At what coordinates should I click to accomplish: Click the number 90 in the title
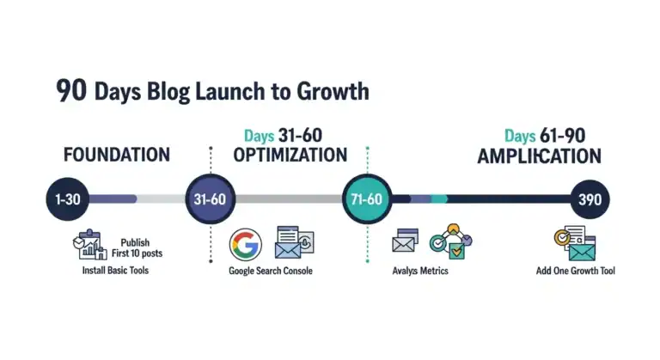point(70,91)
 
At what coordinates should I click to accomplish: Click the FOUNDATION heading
point(117,156)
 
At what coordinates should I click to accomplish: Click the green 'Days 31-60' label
point(284,136)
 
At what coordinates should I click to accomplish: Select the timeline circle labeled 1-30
point(67,199)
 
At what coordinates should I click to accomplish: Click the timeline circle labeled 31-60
point(211,199)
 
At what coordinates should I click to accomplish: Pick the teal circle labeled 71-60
point(368,199)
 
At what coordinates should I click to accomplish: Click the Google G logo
point(245,244)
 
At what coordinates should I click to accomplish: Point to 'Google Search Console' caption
point(270,272)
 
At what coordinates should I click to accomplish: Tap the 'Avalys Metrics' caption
point(419,272)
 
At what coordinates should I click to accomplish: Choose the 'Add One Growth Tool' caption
point(574,272)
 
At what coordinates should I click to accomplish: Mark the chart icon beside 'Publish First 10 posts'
point(89,246)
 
